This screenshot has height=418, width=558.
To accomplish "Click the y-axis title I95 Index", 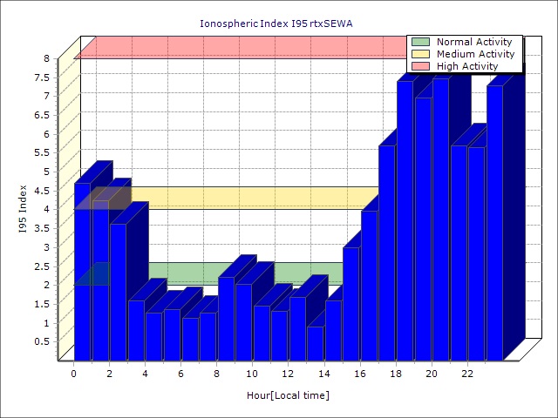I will point(24,208).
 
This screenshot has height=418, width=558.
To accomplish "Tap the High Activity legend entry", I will point(467,66).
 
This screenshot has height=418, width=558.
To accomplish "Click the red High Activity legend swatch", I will point(420,66).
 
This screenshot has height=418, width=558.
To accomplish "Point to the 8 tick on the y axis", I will point(48,58).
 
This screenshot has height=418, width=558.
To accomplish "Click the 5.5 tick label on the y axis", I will point(44,152).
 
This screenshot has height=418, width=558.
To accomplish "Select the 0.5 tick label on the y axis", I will point(44,341).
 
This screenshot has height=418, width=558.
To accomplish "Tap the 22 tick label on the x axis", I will point(466,374).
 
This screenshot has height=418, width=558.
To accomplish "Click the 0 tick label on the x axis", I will point(74,374).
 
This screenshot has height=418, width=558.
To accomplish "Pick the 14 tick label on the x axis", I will point(323,374).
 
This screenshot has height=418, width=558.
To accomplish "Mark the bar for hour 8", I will point(226,318).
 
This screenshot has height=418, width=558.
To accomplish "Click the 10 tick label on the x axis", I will point(252,374).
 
